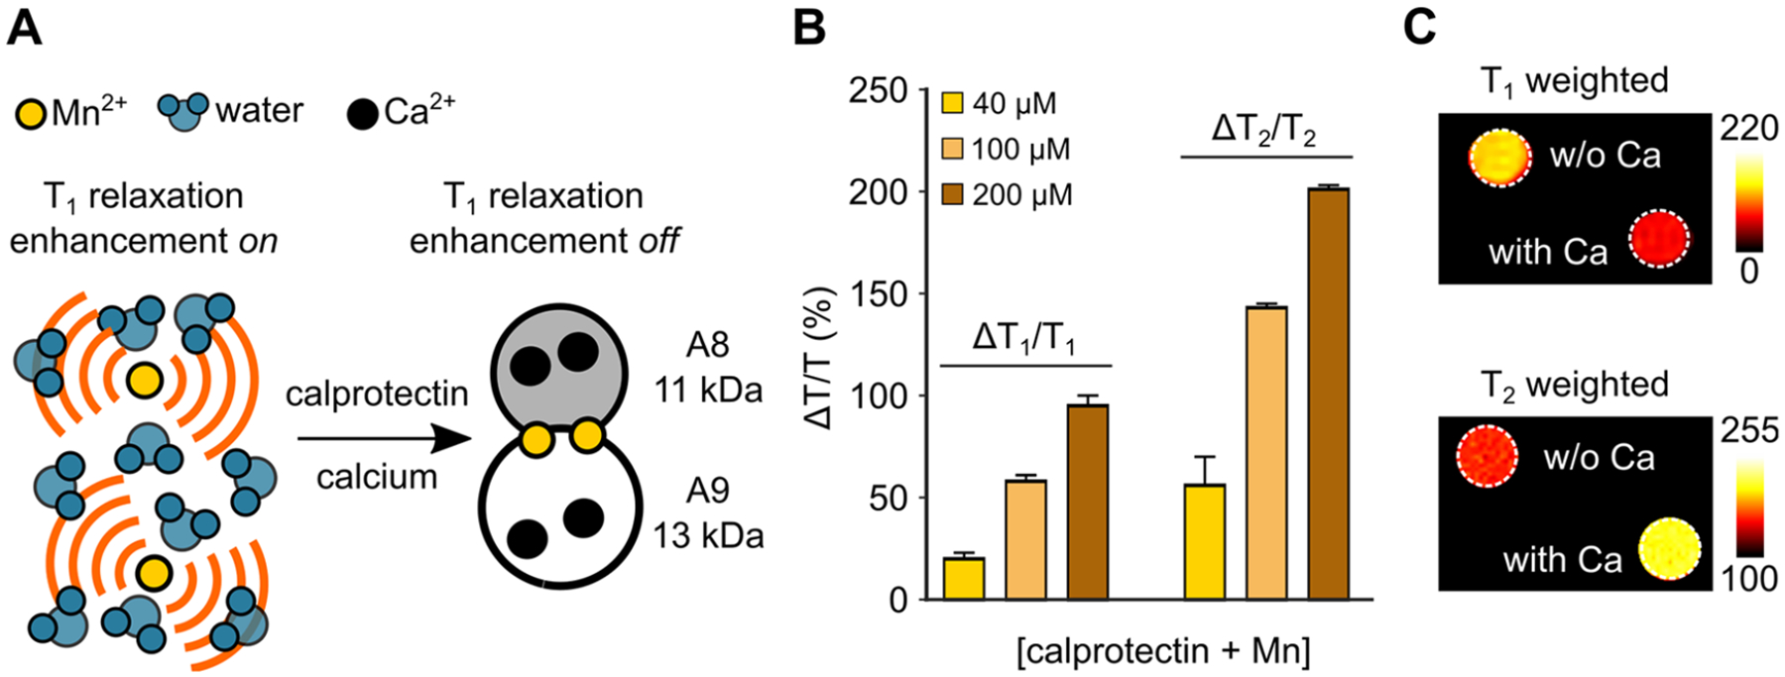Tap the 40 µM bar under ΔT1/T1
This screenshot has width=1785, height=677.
point(964,579)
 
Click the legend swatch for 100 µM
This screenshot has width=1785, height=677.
point(952,150)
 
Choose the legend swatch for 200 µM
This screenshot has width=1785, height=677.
point(952,195)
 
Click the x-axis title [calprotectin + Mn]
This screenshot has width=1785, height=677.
point(1163,651)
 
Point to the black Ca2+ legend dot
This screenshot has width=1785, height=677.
point(363,114)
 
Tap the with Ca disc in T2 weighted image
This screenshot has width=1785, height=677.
point(1669,548)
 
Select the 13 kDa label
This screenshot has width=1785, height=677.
point(708,535)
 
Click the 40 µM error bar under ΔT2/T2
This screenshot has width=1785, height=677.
point(1205,470)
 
